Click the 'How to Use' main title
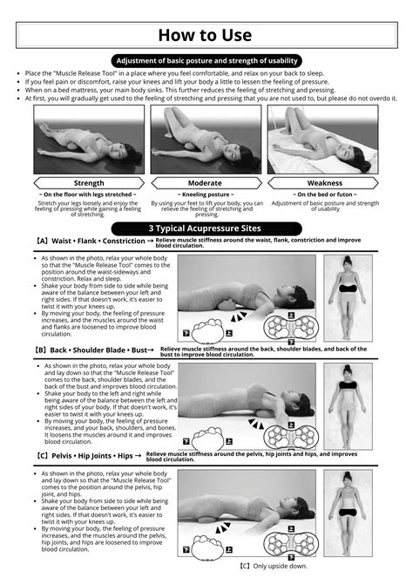click(x=206, y=35)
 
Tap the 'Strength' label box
click(x=89, y=183)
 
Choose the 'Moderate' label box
click(x=206, y=183)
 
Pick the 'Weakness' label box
click(x=324, y=183)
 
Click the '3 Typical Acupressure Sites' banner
click(x=206, y=227)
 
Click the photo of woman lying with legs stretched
click(x=89, y=140)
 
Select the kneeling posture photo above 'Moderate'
click(x=206, y=140)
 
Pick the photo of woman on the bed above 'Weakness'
click(x=324, y=140)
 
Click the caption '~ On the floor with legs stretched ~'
click(x=89, y=194)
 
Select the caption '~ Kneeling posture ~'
click(x=206, y=194)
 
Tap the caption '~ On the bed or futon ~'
click(x=324, y=194)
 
